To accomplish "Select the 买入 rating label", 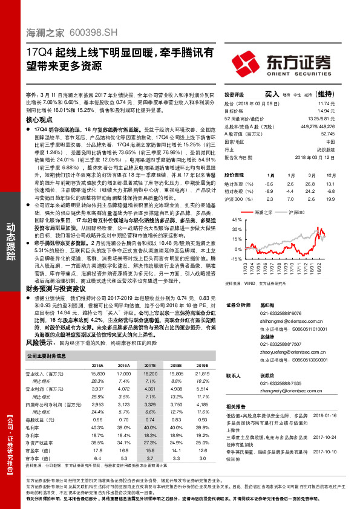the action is tap(273, 95).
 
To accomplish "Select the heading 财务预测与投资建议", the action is tap(62, 289).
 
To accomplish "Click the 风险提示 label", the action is tap(39, 342).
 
